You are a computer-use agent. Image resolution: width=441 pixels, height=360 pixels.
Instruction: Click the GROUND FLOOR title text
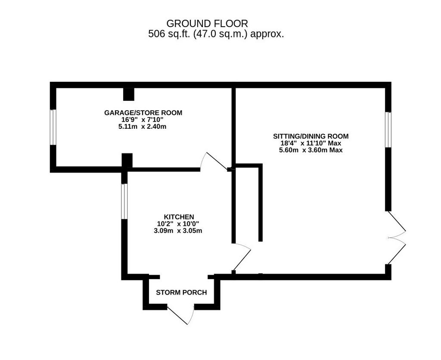point(207,23)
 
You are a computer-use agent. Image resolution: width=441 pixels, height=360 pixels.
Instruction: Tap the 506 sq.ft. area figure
point(216,34)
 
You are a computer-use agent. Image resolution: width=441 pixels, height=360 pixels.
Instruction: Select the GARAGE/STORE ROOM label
point(143,113)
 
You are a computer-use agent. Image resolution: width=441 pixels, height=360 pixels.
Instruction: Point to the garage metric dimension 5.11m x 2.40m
point(142,127)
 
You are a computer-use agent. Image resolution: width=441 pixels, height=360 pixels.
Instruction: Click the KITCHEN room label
point(179,217)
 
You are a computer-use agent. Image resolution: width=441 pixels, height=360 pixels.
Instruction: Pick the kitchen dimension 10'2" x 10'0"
point(178,224)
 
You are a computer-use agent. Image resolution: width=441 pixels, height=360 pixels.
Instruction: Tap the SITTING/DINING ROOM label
point(311,137)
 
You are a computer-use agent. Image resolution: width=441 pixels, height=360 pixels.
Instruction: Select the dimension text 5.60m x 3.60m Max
point(311,150)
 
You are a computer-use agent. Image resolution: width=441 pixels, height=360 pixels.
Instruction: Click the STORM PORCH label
point(181,292)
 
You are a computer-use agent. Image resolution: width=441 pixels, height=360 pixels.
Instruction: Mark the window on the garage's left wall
point(53,127)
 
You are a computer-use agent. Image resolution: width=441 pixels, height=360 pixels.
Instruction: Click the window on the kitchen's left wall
point(124,202)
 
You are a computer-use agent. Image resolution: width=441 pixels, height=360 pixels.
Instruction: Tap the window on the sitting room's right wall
point(388,130)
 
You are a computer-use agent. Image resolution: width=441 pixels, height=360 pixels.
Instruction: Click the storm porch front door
point(181,315)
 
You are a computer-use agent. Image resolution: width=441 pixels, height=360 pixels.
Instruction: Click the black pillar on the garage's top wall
point(129,94)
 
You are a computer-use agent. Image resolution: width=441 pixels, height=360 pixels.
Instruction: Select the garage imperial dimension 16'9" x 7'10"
point(142,120)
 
